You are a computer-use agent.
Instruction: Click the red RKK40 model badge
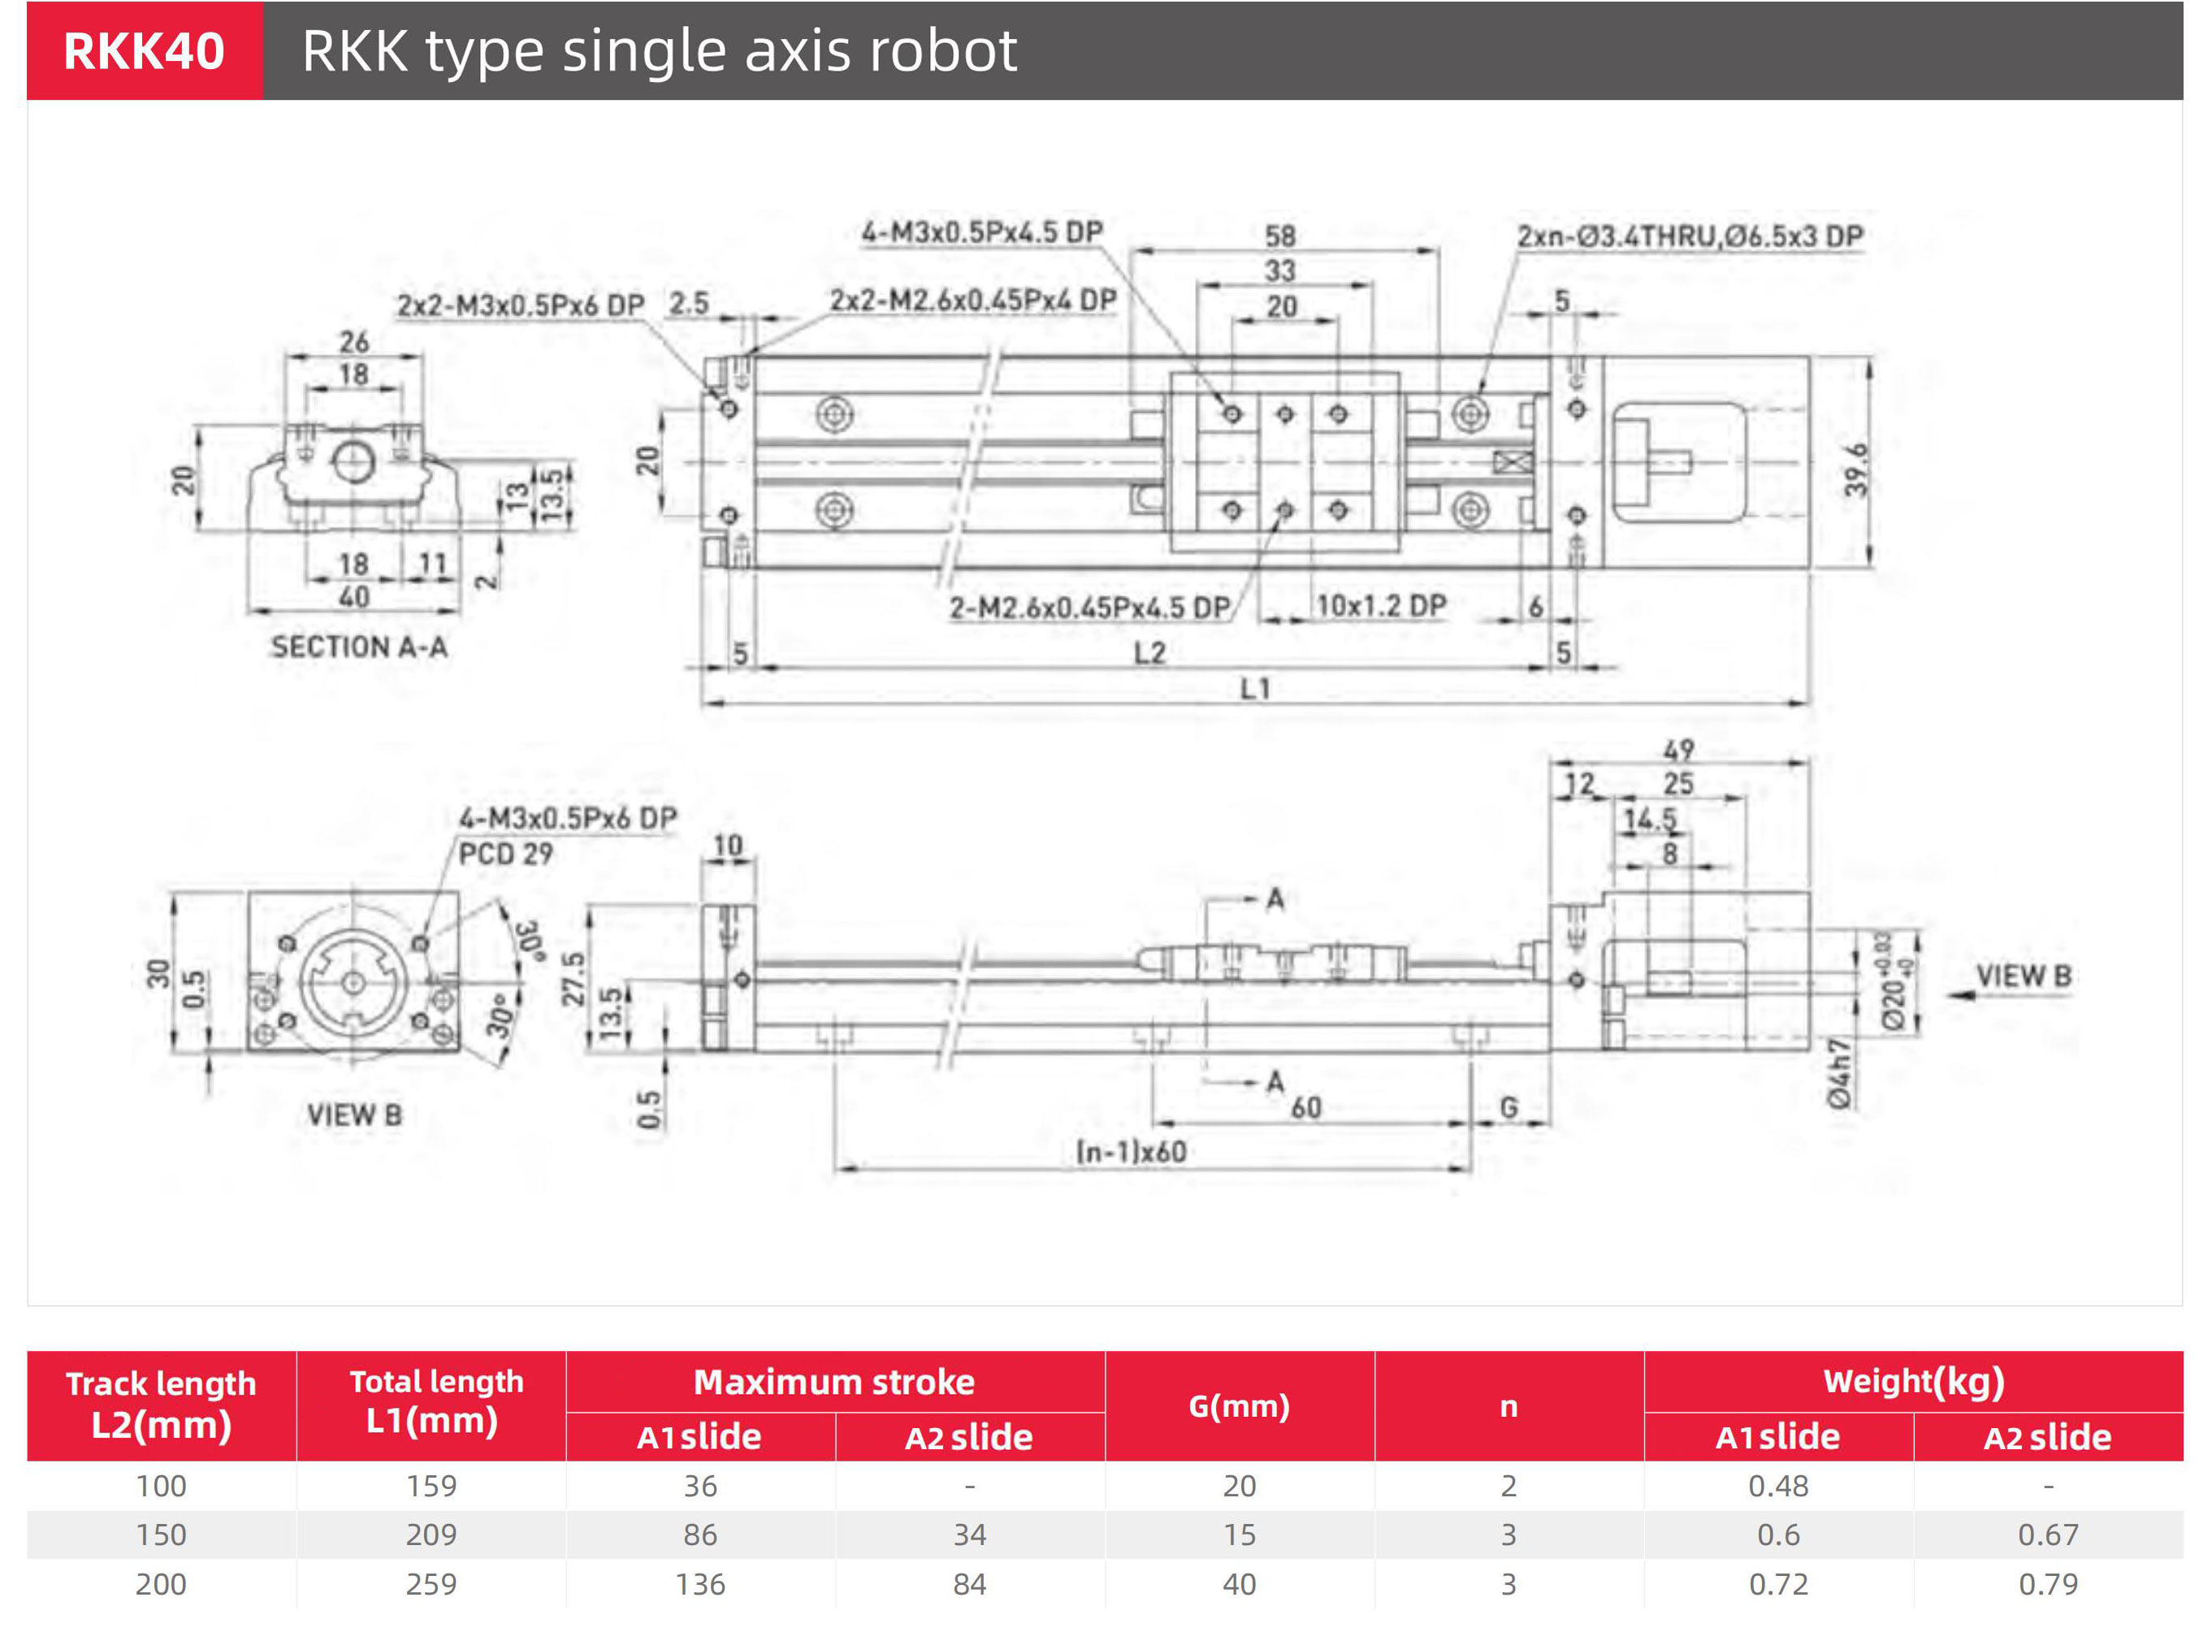click(x=145, y=50)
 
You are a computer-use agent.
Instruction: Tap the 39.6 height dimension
click(x=1856, y=470)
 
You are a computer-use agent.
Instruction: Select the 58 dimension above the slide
click(x=1279, y=236)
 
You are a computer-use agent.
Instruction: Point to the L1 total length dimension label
click(x=1255, y=689)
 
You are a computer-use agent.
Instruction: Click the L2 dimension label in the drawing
click(x=1149, y=653)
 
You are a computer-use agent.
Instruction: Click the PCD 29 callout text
click(x=504, y=854)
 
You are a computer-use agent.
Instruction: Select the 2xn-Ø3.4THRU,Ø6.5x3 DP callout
click(x=1690, y=236)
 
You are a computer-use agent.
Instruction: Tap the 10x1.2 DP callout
click(x=1381, y=605)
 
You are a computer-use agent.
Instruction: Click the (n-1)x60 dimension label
click(x=1132, y=1152)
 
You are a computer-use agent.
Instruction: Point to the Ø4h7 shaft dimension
click(x=1838, y=1073)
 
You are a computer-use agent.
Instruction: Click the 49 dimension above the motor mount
click(x=1677, y=751)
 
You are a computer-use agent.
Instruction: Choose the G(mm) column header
click(x=1239, y=1406)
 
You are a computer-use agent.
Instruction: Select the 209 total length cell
click(x=431, y=1535)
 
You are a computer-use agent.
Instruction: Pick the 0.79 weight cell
click(x=2048, y=1583)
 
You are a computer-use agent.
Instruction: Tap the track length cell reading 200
click(x=161, y=1583)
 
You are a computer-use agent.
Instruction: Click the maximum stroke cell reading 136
click(x=700, y=1583)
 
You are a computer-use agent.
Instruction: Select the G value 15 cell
click(x=1239, y=1535)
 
